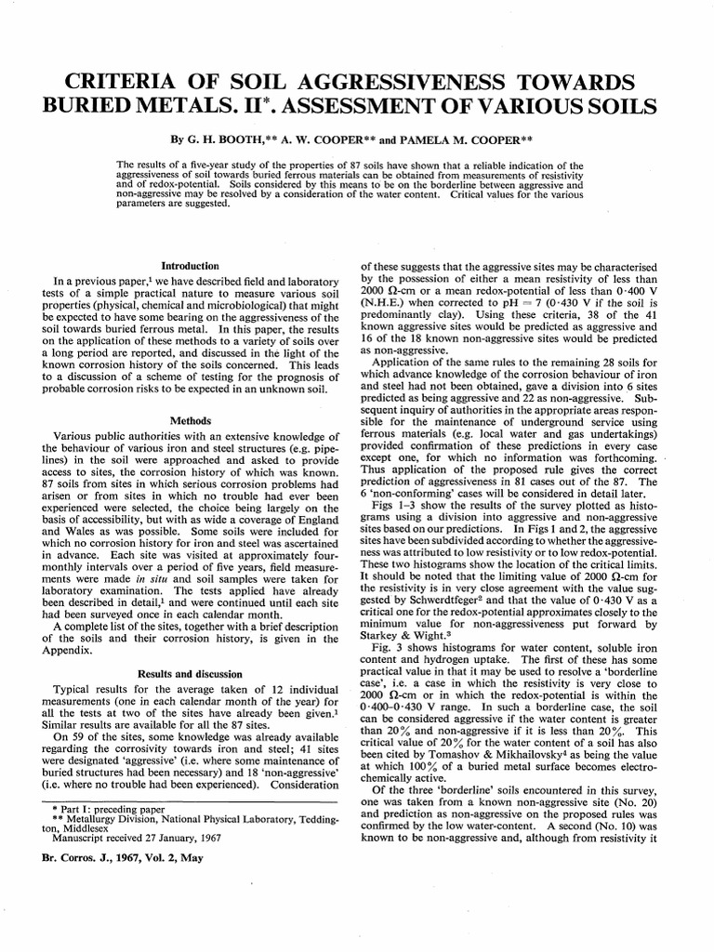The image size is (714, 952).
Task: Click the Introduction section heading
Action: click(189, 265)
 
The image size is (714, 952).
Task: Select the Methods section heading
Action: click(189, 420)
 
